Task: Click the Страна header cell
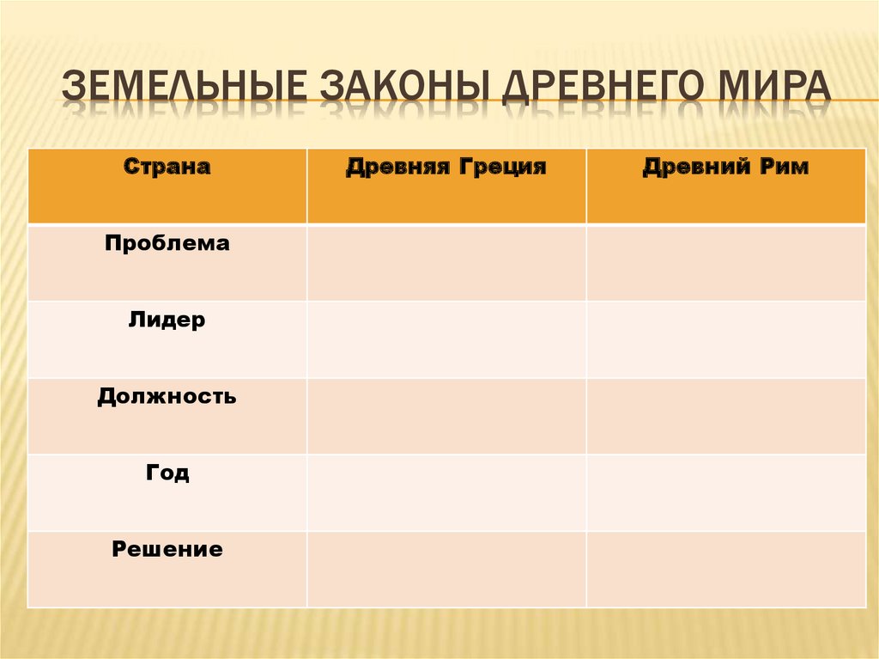pyautogui.click(x=167, y=168)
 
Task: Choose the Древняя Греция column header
pyautogui.click(x=446, y=168)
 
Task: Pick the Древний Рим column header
pyautogui.click(x=725, y=168)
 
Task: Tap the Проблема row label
pyautogui.click(x=167, y=244)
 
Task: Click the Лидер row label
pyautogui.click(x=167, y=321)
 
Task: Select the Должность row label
pyautogui.click(x=167, y=398)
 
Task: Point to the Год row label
pyautogui.click(x=167, y=473)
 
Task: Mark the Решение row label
pyautogui.click(x=167, y=550)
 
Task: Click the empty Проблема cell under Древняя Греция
pyautogui.click(x=446, y=263)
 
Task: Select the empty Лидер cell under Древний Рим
pyautogui.click(x=725, y=339)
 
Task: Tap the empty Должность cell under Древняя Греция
pyautogui.click(x=446, y=416)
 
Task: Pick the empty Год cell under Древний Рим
pyautogui.click(x=725, y=492)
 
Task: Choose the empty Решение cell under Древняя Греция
pyautogui.click(x=446, y=569)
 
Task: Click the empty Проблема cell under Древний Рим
pyautogui.click(x=725, y=263)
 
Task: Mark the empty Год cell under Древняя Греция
pyautogui.click(x=446, y=492)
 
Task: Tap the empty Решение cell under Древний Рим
pyautogui.click(x=725, y=569)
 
